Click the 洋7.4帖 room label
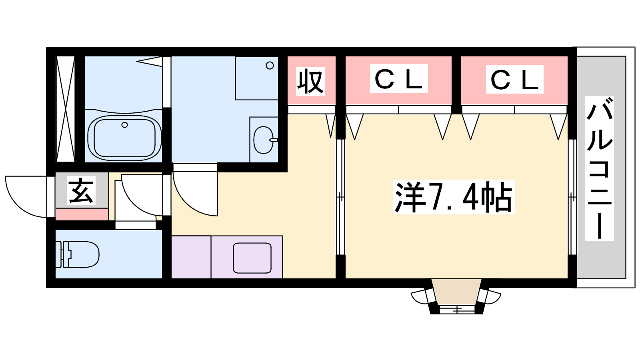tap(454, 197)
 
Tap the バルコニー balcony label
tap(600, 168)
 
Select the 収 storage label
tap(310, 82)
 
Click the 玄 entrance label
tap(81, 190)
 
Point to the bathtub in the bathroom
tap(124, 138)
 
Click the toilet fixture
tap(78, 254)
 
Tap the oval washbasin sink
tap(264, 140)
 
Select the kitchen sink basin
tap(252, 258)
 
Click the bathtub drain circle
tap(124, 125)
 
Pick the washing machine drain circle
tap(270, 66)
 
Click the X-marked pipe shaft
tap(66, 109)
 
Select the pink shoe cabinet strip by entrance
tap(82, 214)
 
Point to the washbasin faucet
tap(274, 140)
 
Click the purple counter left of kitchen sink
tap(191, 257)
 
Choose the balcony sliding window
tap(572, 197)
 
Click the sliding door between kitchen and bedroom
tap(340, 197)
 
